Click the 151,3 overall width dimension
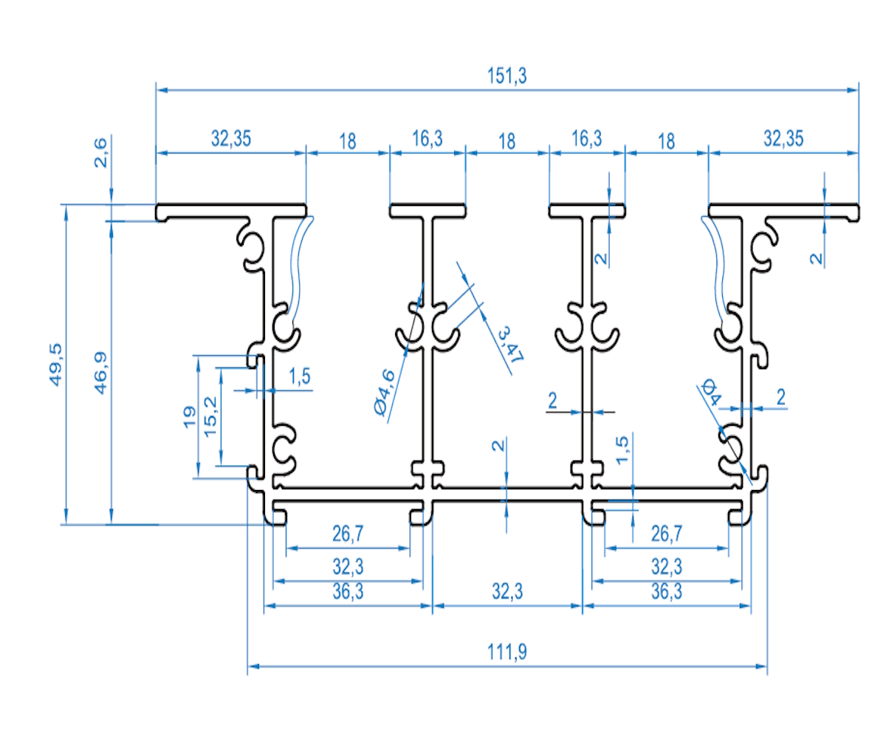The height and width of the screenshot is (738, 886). [x=507, y=75]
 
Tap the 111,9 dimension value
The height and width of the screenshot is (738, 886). [x=506, y=652]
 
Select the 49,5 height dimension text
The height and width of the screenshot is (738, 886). [x=56, y=363]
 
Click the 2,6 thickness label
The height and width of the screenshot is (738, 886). [x=101, y=152]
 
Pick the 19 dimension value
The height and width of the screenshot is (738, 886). [x=188, y=417]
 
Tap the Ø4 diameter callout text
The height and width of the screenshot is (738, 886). [x=710, y=390]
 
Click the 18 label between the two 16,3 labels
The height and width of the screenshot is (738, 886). [x=506, y=142]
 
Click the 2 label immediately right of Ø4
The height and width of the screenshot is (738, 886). [x=780, y=396]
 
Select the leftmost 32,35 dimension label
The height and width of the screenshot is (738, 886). [x=230, y=138]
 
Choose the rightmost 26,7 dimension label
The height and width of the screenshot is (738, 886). [x=667, y=533]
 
